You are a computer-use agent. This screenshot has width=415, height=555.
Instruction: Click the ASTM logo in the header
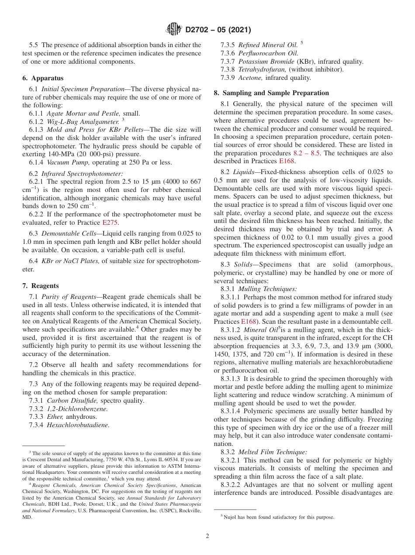[x=174, y=30]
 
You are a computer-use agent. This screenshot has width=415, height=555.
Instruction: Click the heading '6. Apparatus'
[x=43, y=78]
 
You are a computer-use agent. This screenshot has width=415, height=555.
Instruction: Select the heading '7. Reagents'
[x=40, y=286]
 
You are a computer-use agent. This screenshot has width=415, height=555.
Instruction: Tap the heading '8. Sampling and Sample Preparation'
[x=271, y=93]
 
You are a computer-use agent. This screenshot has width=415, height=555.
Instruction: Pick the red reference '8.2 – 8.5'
[x=310, y=153]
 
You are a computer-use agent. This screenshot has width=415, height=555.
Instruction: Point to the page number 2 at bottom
[x=207, y=536]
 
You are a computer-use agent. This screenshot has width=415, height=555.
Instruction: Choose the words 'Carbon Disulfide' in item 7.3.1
[x=73, y=401]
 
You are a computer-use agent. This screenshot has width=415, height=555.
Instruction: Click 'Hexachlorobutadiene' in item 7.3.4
[x=78, y=425]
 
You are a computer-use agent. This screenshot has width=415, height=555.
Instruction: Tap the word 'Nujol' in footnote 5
[x=229, y=517]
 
